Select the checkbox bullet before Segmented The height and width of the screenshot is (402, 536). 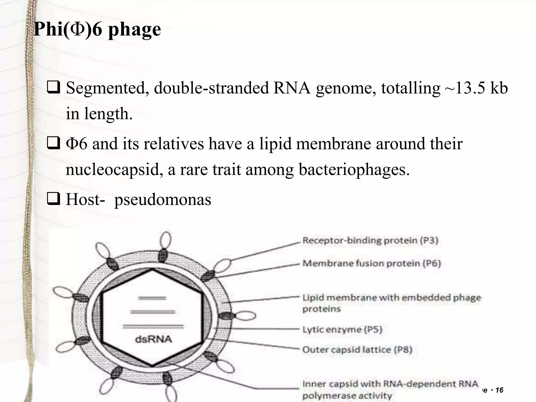click(53, 88)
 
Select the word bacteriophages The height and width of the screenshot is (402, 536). click(354, 169)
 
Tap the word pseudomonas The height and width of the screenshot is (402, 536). click(163, 199)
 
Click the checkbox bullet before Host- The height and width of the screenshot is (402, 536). click(53, 199)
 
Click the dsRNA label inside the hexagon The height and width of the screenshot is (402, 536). click(154, 339)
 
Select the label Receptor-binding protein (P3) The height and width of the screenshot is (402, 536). click(370, 240)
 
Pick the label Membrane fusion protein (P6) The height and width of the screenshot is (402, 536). click(372, 263)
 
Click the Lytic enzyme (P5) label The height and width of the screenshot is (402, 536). click(342, 329)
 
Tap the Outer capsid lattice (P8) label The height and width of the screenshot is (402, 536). click(357, 350)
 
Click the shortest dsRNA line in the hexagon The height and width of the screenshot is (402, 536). click(152, 298)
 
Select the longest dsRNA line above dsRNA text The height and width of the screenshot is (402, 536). click(153, 326)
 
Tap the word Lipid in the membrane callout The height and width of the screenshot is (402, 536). click(313, 298)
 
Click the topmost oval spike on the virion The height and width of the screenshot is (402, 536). click(166, 240)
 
